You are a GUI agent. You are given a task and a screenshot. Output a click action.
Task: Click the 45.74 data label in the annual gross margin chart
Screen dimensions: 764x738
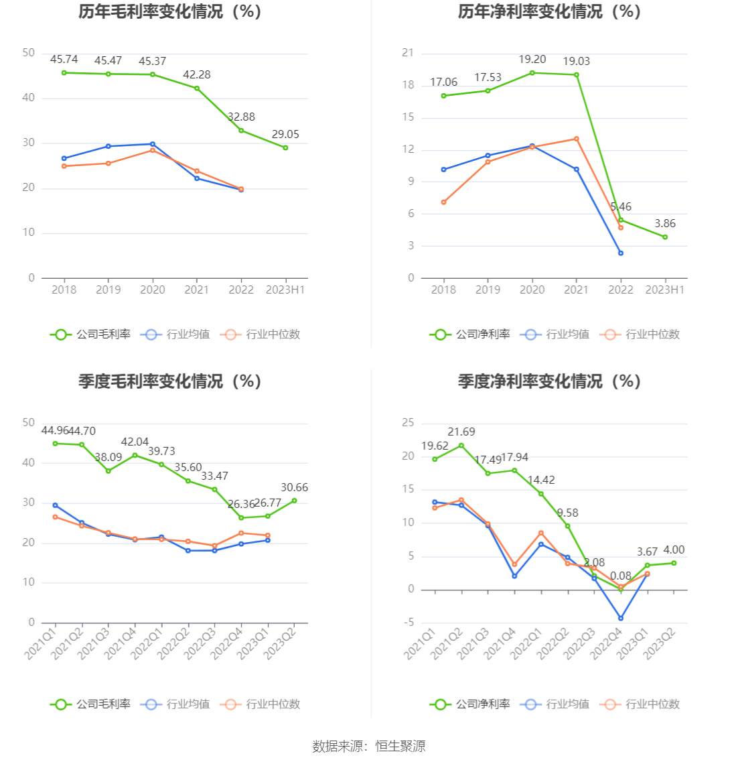click(64, 60)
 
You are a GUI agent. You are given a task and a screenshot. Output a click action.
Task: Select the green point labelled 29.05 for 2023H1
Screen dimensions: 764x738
click(285, 147)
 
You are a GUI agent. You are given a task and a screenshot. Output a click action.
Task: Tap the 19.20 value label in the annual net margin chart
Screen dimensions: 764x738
click(532, 60)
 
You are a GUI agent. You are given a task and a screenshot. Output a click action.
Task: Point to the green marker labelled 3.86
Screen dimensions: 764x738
click(665, 237)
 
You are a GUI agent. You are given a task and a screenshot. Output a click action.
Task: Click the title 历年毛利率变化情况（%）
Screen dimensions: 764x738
click(169, 11)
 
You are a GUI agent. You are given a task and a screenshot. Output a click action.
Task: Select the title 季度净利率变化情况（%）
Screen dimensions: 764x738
click(549, 381)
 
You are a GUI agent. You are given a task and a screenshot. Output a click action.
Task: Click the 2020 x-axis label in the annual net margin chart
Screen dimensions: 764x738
click(532, 290)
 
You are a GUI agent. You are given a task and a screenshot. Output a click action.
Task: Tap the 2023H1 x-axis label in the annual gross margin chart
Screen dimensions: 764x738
click(285, 290)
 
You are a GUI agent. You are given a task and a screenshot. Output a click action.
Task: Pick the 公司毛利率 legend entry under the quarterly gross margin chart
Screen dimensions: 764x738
click(90, 704)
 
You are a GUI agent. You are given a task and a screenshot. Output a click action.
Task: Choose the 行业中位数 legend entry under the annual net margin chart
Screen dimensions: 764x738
click(641, 334)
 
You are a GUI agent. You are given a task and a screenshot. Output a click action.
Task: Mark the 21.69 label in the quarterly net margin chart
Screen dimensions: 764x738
click(461, 432)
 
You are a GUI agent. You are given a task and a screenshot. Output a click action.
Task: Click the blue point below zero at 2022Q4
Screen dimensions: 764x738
click(621, 619)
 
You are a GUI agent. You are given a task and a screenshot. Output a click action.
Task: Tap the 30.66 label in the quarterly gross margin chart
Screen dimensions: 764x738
click(294, 488)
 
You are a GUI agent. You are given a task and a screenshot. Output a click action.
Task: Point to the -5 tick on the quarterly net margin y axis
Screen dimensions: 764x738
click(409, 623)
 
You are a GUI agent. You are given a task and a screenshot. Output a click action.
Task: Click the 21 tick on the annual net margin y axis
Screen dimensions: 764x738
click(408, 53)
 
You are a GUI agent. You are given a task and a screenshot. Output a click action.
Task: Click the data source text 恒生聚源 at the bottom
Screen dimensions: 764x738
click(400, 746)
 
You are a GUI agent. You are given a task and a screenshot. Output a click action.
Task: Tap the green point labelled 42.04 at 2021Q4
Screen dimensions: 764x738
click(135, 455)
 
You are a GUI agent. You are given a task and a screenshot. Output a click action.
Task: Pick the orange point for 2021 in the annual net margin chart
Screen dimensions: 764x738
click(576, 139)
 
